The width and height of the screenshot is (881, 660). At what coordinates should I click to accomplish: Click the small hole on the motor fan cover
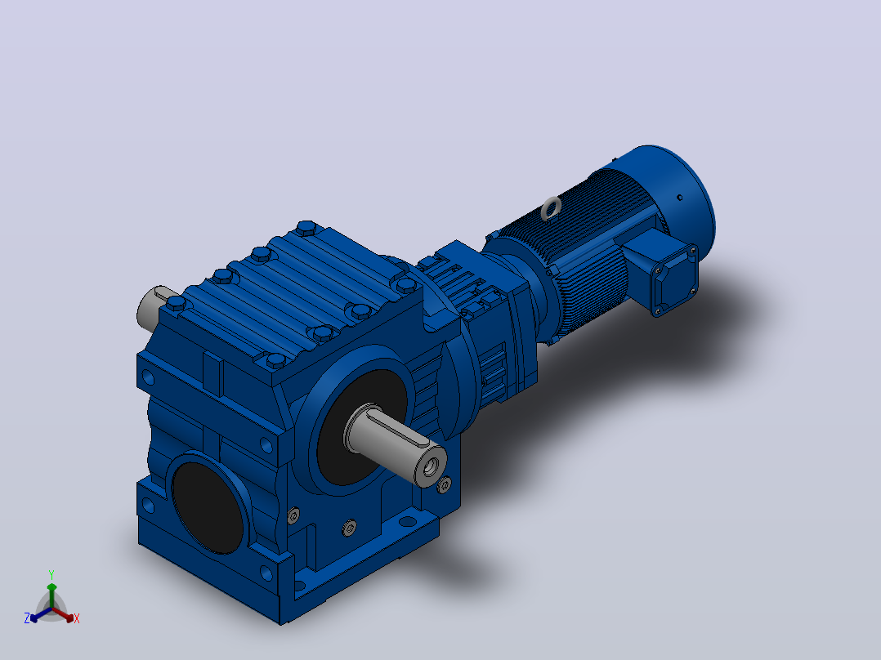coord(680,197)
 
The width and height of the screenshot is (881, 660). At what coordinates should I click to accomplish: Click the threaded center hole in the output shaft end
coord(432,466)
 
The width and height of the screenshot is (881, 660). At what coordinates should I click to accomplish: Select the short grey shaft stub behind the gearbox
coord(153,308)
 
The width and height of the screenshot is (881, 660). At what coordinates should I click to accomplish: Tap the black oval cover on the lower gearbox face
coord(208,507)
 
